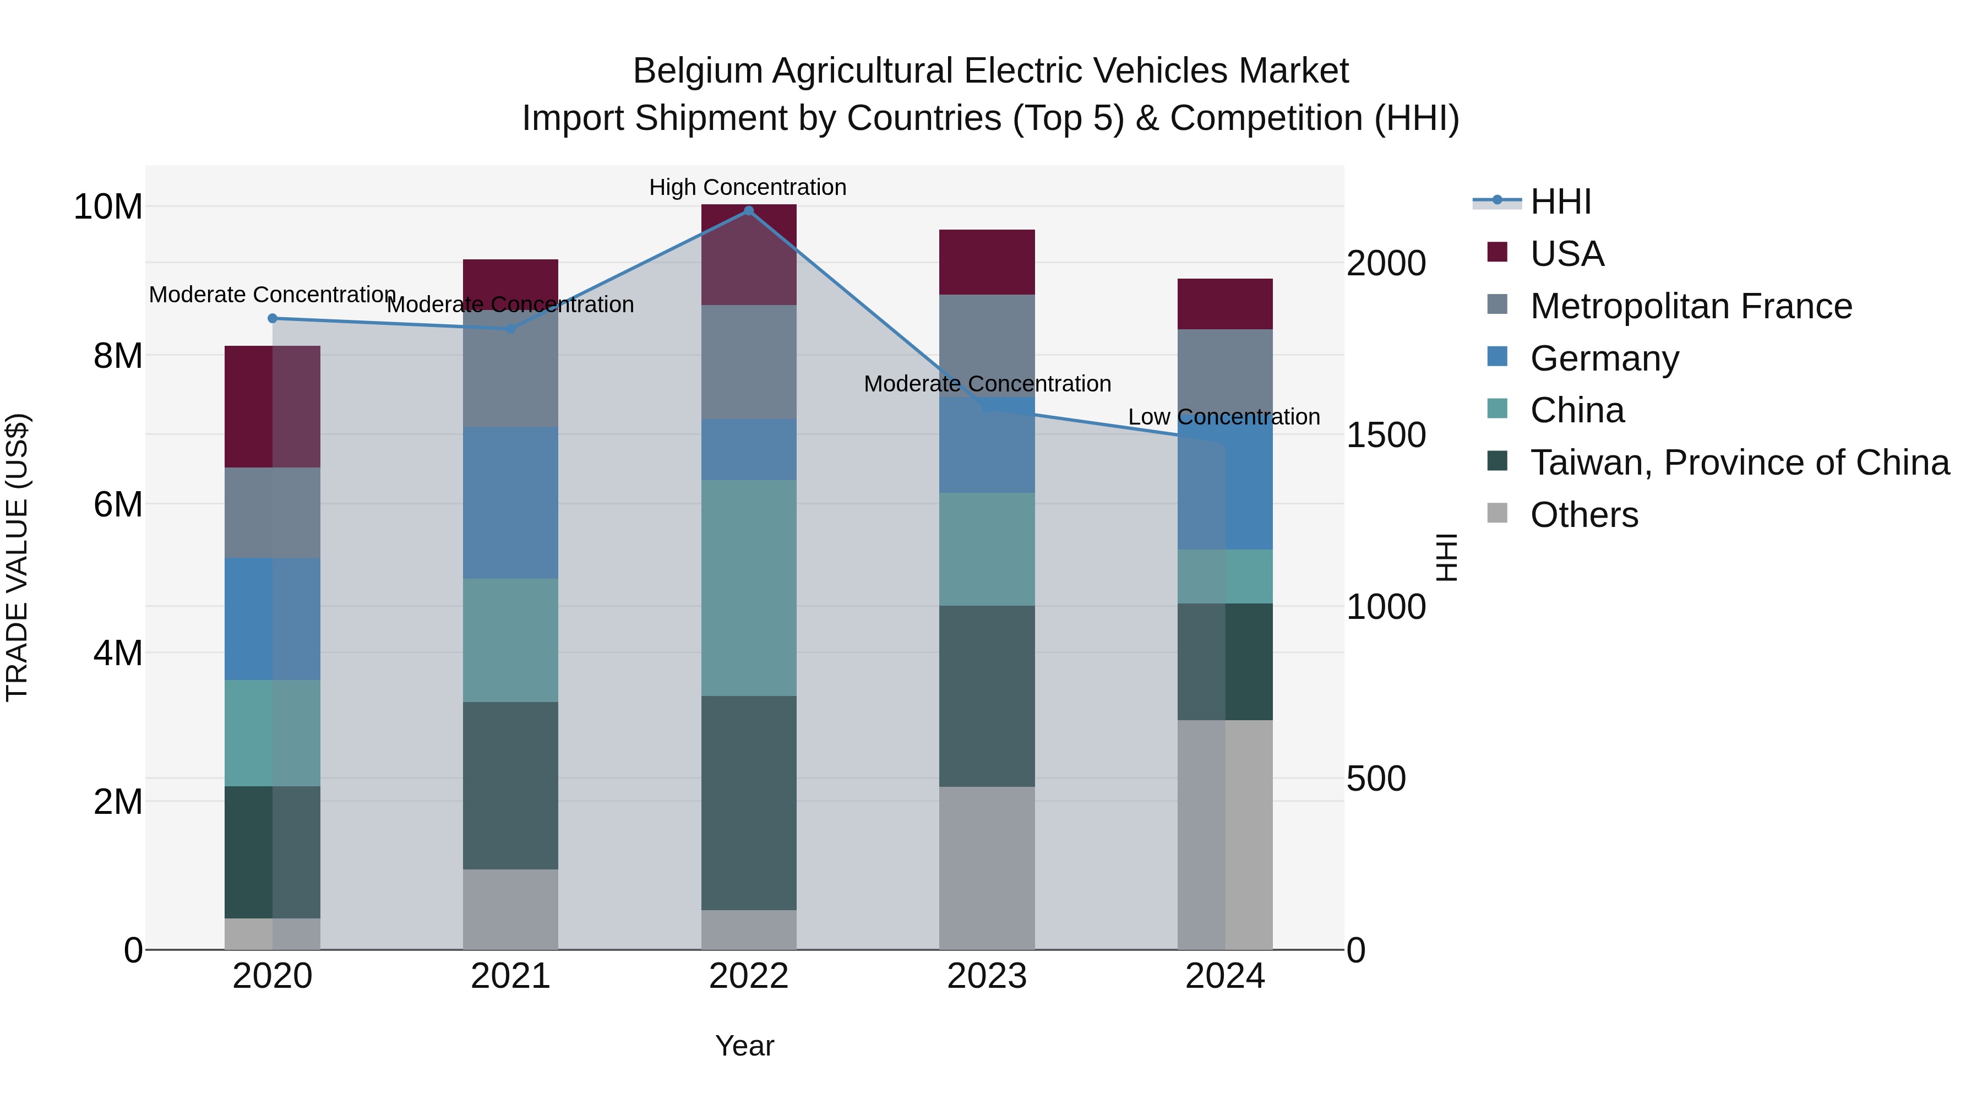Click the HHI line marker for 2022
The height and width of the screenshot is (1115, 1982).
(x=748, y=211)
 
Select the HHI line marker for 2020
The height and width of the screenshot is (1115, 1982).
(x=273, y=319)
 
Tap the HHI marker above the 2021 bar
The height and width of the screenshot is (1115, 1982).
(x=510, y=329)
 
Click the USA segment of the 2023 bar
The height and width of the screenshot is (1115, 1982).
(x=987, y=262)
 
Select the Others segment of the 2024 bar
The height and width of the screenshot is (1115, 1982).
(x=1225, y=835)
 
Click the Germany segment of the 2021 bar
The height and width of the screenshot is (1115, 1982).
(x=510, y=503)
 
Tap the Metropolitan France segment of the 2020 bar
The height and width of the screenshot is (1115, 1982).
(x=273, y=513)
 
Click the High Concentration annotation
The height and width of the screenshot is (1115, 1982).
(x=747, y=187)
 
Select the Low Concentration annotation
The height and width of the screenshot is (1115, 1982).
(x=1223, y=417)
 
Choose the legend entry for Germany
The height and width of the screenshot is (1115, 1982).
(x=1604, y=358)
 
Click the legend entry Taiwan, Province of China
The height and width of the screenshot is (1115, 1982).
(x=1739, y=463)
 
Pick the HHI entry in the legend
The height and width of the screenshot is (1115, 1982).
(x=1560, y=202)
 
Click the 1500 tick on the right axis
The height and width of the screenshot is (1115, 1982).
(x=1386, y=436)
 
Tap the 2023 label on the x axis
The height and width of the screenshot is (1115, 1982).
(x=987, y=976)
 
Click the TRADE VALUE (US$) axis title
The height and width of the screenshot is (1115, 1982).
(x=17, y=557)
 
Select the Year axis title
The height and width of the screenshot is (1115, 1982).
(x=744, y=1046)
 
